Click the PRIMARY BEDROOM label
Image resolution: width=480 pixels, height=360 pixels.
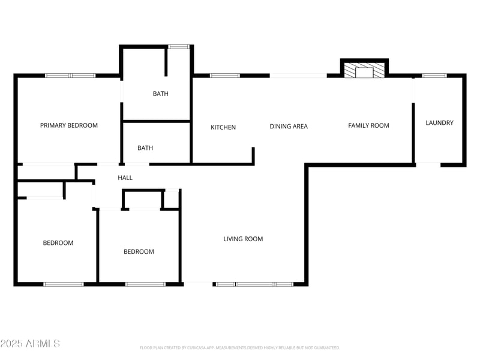(x=69, y=125)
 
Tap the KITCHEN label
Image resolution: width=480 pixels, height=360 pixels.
(x=223, y=127)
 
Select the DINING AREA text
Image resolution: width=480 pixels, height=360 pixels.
(x=289, y=126)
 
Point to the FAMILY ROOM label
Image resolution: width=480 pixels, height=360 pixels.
(x=368, y=125)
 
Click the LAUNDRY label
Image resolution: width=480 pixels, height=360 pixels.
(x=439, y=122)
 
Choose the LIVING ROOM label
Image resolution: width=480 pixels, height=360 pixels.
(x=243, y=239)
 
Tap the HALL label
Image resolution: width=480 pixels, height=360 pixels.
(x=125, y=178)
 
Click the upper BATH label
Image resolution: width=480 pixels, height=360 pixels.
(x=161, y=94)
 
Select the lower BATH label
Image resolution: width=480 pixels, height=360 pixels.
(x=145, y=148)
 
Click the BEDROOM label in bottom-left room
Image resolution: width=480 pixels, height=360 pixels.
(x=58, y=243)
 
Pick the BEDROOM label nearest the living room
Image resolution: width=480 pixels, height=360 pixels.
(x=139, y=251)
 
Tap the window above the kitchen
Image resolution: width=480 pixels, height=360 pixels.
(x=225, y=76)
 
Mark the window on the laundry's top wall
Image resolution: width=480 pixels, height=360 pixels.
(x=434, y=76)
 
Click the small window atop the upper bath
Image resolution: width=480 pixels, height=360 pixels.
(x=178, y=46)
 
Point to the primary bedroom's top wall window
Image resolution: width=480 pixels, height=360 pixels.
(x=71, y=76)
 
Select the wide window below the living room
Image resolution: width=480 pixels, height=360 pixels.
(x=254, y=283)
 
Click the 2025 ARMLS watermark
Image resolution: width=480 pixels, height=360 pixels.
(x=30, y=344)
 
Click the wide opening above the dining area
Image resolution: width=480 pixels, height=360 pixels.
(x=298, y=76)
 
